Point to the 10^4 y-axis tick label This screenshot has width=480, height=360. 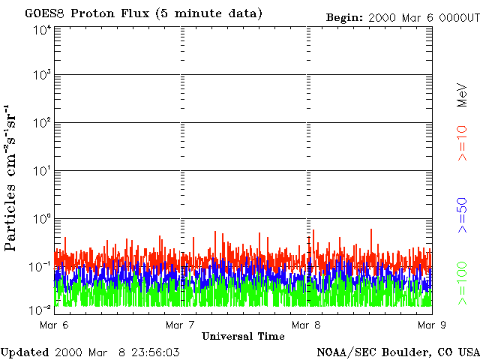42,29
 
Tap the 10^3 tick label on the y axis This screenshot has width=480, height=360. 42,76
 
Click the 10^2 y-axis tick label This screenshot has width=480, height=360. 42,123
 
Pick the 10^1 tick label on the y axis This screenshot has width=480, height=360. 42,171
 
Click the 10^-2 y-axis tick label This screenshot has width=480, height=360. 41,309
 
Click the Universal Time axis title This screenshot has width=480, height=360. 243,336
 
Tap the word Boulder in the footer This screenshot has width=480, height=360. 406,352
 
